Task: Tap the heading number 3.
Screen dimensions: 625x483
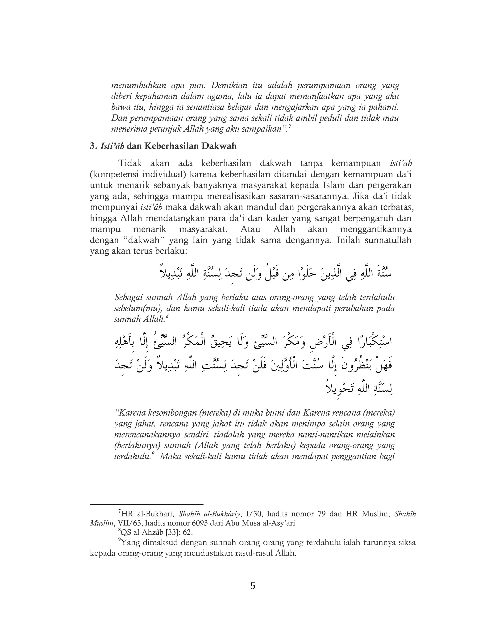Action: tap(92, 146)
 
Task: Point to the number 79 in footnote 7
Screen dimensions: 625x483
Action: tap(322, 514)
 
